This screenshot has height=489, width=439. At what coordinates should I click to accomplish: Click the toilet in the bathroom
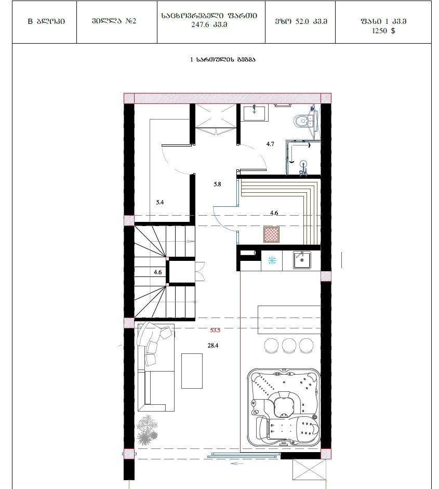(301, 121)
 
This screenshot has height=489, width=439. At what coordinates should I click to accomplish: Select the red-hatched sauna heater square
(271, 234)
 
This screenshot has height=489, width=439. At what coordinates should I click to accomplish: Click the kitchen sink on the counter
(302, 260)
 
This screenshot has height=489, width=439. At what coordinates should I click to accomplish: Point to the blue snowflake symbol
(272, 260)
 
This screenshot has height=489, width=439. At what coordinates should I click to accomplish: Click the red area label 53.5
(215, 330)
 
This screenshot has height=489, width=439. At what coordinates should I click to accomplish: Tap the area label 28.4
(213, 346)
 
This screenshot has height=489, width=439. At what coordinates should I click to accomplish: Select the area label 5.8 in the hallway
(217, 184)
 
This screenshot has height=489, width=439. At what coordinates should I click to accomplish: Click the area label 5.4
(160, 202)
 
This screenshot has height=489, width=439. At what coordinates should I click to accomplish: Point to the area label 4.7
(270, 144)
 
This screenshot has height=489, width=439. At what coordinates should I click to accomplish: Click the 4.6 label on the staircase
(158, 272)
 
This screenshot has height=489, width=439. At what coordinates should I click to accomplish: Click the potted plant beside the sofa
(147, 430)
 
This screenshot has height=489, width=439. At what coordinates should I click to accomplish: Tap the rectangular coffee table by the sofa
(192, 371)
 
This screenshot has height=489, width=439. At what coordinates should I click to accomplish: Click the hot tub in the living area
(284, 409)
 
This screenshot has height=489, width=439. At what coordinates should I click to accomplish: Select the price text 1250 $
(383, 31)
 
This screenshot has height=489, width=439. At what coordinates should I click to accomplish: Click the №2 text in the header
(130, 21)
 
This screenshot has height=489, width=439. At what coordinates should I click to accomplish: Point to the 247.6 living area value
(200, 24)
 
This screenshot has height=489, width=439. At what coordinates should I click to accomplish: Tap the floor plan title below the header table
(223, 59)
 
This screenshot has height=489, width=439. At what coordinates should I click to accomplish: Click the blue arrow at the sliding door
(237, 464)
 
